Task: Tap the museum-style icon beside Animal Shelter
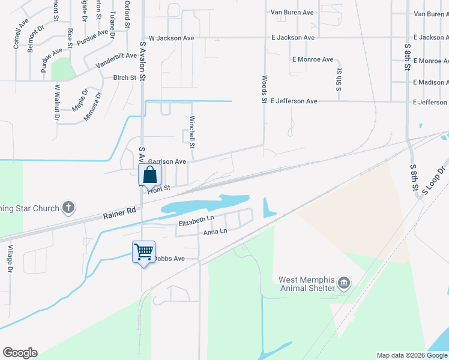coord(344,283)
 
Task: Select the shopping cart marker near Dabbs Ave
coord(144,252)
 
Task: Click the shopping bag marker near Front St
coord(150,176)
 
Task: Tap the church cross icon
coord(68,208)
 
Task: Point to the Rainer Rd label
coord(120,212)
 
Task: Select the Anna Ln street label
coord(215,232)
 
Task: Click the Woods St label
coord(264,89)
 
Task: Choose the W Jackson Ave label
coord(171,38)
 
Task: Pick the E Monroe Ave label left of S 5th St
coord(313,60)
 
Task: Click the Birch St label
coord(125,77)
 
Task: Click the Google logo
coord(20,353)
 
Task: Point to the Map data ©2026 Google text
coord(411,355)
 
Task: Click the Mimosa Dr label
coord(93,107)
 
